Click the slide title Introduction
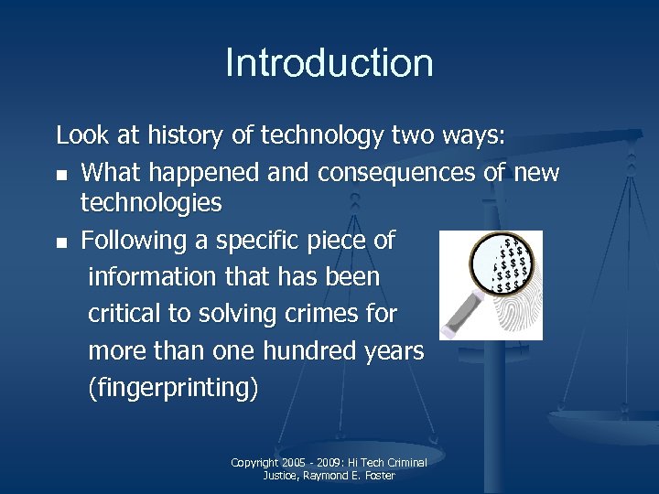click(x=329, y=63)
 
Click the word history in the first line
click(x=186, y=136)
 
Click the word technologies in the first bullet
click(x=151, y=203)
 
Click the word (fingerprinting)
click(x=173, y=389)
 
